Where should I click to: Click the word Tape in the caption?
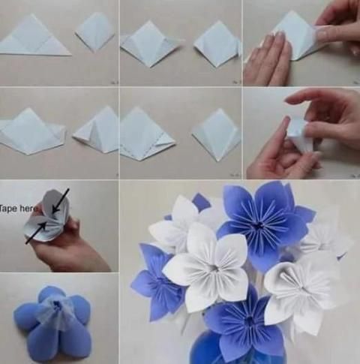(x=9, y=209)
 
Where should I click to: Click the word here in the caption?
(x=28, y=208)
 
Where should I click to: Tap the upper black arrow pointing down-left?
(x=60, y=201)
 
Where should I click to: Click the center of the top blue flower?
(x=259, y=224)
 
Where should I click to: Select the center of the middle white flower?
(x=214, y=268)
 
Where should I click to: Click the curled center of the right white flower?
(x=295, y=280)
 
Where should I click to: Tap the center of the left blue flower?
(x=160, y=282)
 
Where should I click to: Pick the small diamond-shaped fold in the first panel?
(x=94, y=32)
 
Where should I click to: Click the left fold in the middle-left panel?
(x=31, y=132)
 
